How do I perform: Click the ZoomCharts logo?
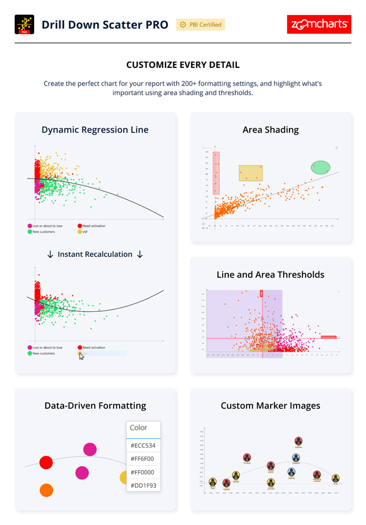[x=319, y=25]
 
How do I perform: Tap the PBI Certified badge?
[x=200, y=25]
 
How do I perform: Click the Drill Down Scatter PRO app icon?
[x=24, y=25]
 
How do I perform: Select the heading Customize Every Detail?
[x=183, y=65]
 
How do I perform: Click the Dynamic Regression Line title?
[x=95, y=130]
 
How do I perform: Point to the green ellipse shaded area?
[x=321, y=167]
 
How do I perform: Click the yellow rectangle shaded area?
[x=251, y=173]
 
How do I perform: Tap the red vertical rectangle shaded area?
[x=216, y=173]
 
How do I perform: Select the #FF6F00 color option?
[x=143, y=459]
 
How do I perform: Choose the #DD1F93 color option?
[x=143, y=485]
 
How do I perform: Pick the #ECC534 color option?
[x=143, y=446]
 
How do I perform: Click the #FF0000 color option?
[x=143, y=472]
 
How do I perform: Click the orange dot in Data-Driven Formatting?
[x=46, y=490]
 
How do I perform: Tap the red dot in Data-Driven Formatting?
[x=46, y=462]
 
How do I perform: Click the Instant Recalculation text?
[x=95, y=254]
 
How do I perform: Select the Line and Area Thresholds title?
[x=270, y=275]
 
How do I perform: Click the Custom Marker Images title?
[x=270, y=406]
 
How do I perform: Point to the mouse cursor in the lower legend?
[x=82, y=356]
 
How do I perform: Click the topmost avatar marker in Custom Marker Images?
[x=299, y=441]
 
